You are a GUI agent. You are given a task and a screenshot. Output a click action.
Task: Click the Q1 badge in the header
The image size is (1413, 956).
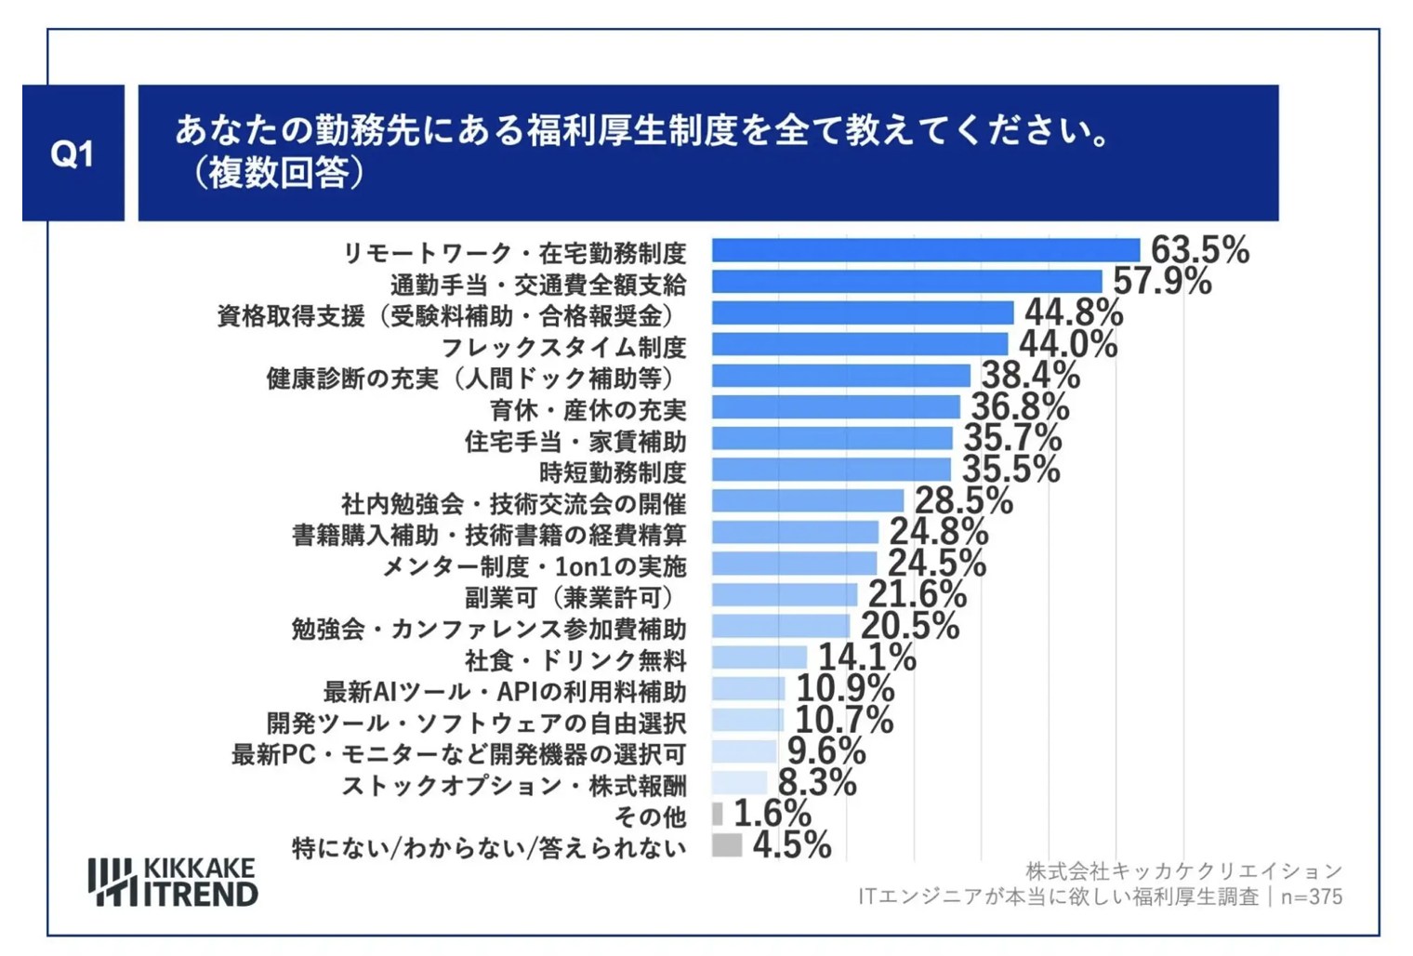coord(73,153)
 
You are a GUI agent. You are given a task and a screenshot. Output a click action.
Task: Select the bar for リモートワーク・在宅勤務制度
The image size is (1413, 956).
coord(925,250)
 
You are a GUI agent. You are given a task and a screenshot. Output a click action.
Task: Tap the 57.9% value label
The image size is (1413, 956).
coord(1162,281)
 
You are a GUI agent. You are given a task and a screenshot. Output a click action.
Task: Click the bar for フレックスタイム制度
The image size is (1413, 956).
coord(859,345)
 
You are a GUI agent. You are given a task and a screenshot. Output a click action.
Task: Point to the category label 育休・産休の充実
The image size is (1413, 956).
coord(588,410)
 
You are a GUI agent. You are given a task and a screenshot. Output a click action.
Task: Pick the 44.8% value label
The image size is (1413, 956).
coord(1074,312)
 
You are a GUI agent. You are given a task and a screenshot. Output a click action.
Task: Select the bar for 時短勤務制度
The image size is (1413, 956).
coord(831,470)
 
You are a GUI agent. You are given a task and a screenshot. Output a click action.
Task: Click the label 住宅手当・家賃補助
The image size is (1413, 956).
coord(575,441)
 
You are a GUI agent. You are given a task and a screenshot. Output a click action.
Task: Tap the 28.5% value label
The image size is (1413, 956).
coord(963,501)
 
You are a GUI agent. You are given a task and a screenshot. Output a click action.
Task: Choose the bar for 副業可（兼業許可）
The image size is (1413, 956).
coord(785,595)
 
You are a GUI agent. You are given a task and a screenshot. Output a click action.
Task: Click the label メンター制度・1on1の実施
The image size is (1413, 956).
coord(535,566)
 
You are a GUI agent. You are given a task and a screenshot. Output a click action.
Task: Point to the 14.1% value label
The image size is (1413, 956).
coord(866,657)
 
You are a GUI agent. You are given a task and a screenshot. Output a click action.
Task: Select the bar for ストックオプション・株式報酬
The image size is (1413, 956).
coord(740,783)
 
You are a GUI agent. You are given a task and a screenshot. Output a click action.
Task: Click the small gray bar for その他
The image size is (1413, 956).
coord(718,814)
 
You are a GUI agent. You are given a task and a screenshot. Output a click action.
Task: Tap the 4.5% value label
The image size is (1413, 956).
coord(792,845)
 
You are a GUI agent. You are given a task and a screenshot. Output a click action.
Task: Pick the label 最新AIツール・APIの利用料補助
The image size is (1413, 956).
coord(504,692)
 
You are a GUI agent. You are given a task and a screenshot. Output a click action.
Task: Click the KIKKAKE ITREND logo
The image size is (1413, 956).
coord(173,882)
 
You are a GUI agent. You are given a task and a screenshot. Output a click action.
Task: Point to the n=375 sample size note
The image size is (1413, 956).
coord(1311,896)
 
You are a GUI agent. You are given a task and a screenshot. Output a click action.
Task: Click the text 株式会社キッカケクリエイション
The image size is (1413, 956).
coord(1183,871)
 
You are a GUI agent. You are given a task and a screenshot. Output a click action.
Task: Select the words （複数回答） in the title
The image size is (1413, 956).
coord(276,173)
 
